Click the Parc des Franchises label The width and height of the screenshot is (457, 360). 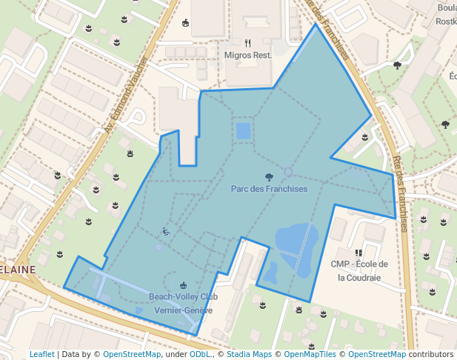[x=269, y=189]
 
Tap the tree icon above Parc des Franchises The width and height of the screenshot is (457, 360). [x=269, y=176]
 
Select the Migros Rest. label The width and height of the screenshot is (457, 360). [x=248, y=56]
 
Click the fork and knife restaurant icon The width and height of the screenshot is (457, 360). [x=248, y=43]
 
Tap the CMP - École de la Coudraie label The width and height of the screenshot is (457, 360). [x=359, y=270]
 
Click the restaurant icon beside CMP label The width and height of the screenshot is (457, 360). [x=358, y=253]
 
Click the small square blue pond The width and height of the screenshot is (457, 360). [x=243, y=131]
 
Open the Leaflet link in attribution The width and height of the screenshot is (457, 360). [x=41, y=354]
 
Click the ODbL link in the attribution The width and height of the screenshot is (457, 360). [x=199, y=354]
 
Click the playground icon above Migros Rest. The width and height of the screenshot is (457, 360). [x=185, y=23]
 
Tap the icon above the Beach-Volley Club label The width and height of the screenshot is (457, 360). [x=183, y=285]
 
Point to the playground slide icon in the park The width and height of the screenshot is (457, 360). [x=167, y=232]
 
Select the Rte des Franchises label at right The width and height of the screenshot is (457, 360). [x=399, y=193]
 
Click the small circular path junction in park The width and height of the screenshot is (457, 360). [x=288, y=171]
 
